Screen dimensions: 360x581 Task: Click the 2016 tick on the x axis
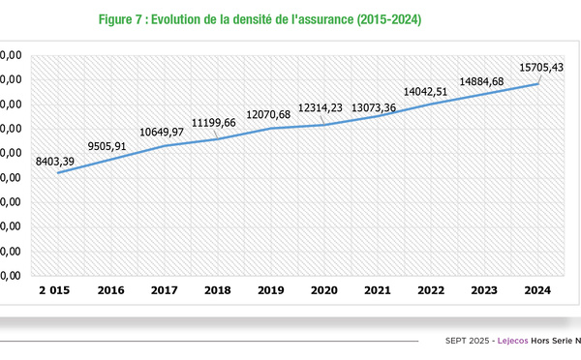click(x=110, y=289)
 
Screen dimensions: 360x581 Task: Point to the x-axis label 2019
click(x=270, y=289)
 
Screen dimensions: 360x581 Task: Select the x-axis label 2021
click(x=377, y=289)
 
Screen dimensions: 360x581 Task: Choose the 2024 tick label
click(x=536, y=289)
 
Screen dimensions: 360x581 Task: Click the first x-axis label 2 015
click(x=56, y=289)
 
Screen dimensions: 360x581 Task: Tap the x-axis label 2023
click(x=483, y=289)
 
